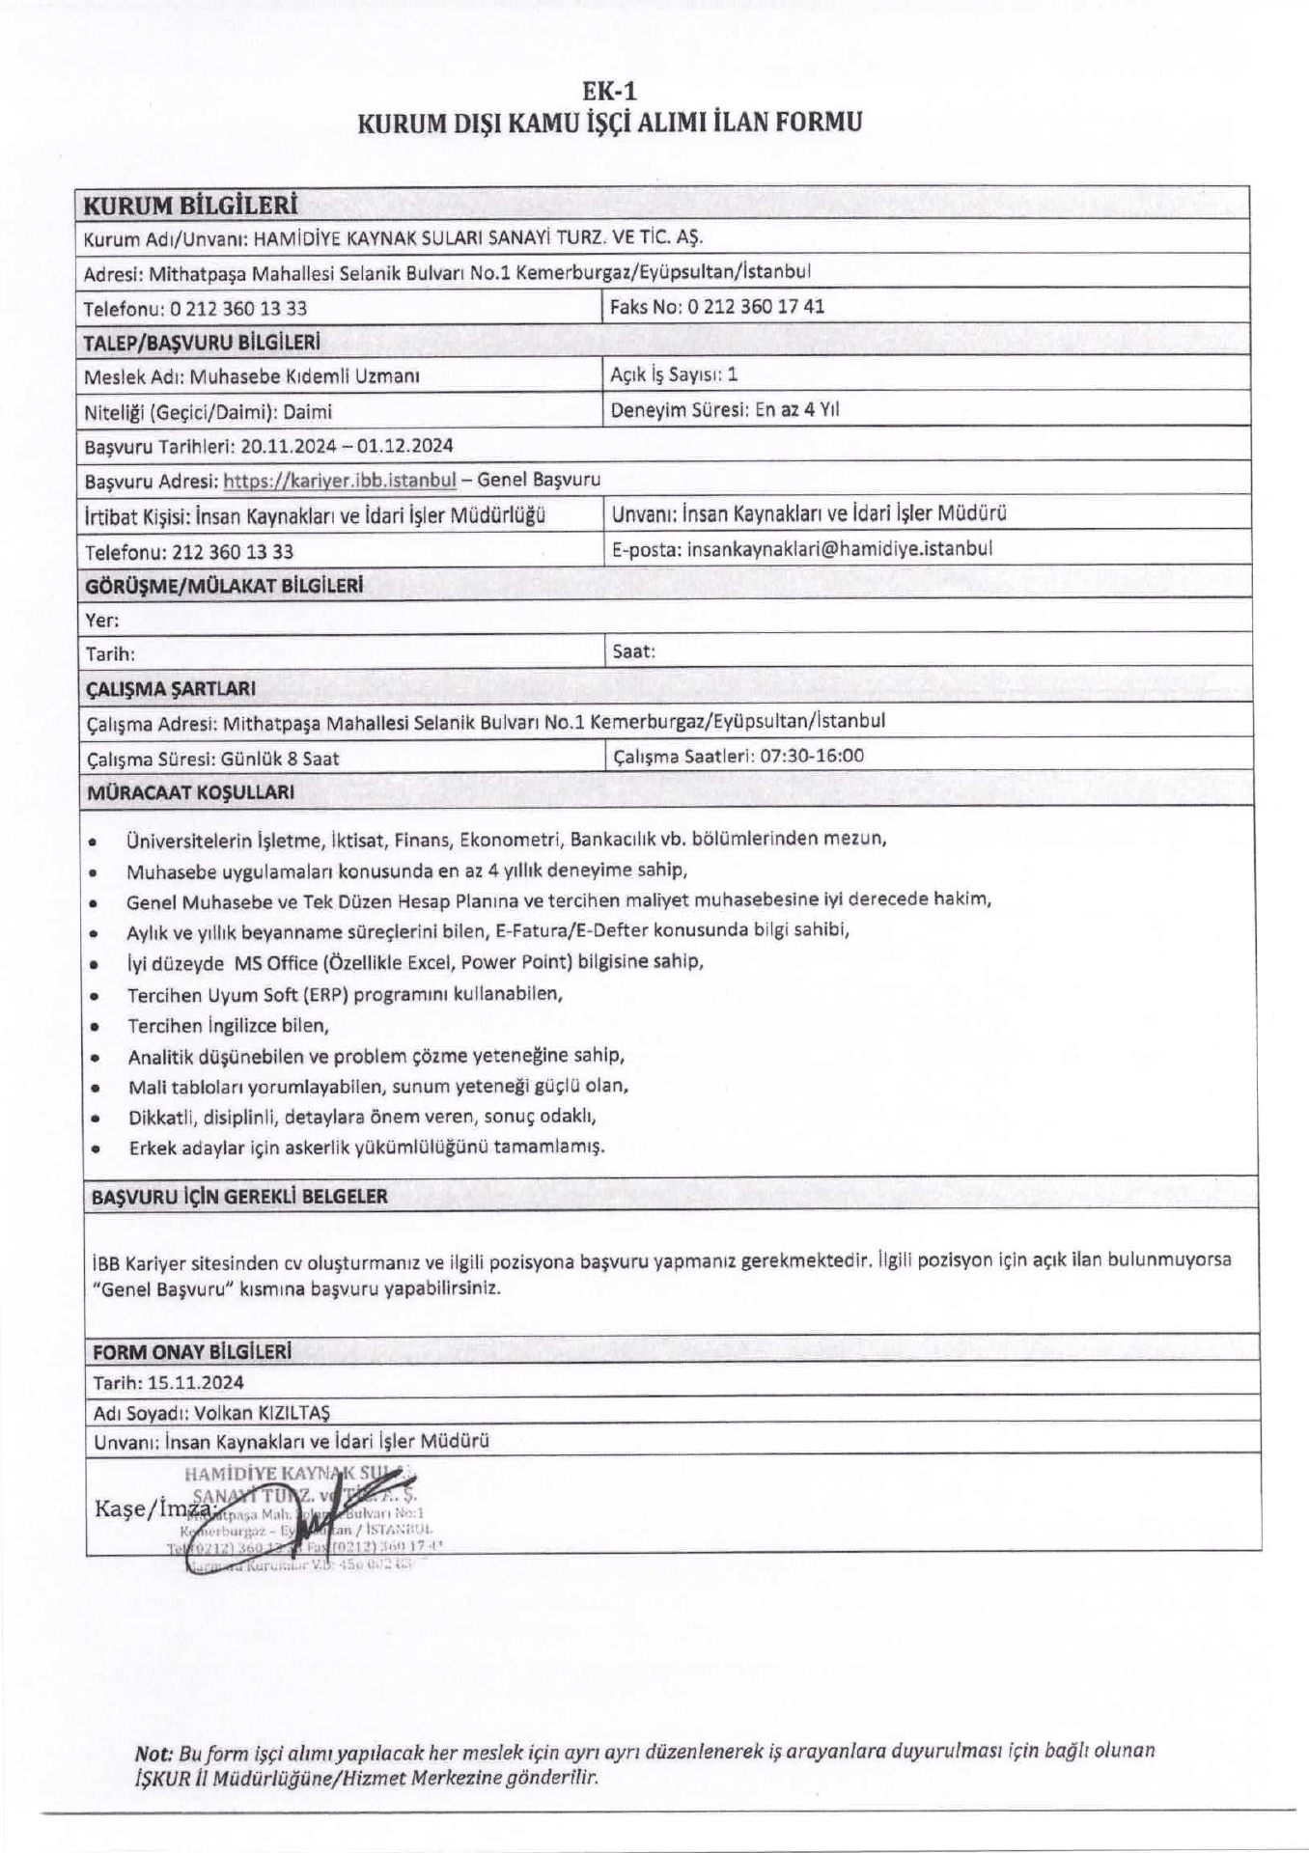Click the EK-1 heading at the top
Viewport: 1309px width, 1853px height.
(x=609, y=91)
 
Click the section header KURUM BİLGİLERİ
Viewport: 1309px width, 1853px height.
(x=190, y=205)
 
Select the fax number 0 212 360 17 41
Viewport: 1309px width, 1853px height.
(x=755, y=307)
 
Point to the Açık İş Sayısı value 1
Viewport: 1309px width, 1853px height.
(x=734, y=374)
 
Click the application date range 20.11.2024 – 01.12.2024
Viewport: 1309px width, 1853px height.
(x=348, y=446)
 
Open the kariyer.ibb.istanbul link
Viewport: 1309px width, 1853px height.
(x=339, y=480)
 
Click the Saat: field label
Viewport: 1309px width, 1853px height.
(x=634, y=651)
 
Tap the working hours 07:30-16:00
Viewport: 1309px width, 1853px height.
(x=812, y=756)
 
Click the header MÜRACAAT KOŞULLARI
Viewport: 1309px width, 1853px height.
(x=190, y=792)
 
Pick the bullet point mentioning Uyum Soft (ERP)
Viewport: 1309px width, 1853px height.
(x=345, y=993)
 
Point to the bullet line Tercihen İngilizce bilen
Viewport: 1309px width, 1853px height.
(x=229, y=1025)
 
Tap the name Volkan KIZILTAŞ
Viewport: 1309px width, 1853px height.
(x=262, y=1413)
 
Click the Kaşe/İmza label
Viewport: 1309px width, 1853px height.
(x=153, y=1507)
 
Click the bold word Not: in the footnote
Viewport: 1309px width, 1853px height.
(x=154, y=1751)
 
